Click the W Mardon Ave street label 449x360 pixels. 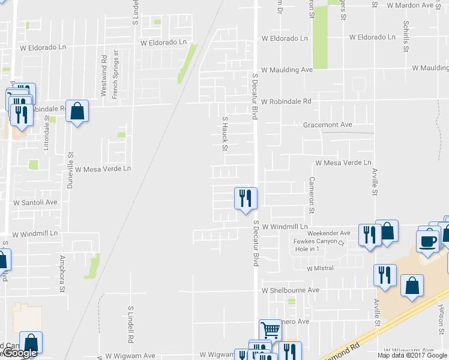(x=418, y=5)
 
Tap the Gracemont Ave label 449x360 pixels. (x=328, y=125)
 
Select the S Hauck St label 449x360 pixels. (x=226, y=133)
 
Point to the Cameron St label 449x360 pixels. (x=312, y=195)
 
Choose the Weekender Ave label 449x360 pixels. (x=328, y=233)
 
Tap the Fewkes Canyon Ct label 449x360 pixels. (x=318, y=242)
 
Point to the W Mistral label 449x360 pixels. (x=319, y=268)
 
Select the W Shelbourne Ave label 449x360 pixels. (x=290, y=290)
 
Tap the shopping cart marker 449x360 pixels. (x=270, y=329)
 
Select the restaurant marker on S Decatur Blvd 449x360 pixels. (x=245, y=197)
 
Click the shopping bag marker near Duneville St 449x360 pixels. (x=77, y=110)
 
